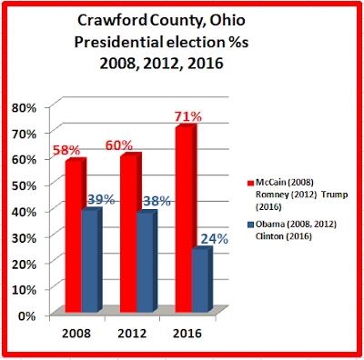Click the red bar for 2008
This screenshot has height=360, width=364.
(76, 235)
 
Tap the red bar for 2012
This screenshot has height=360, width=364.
(131, 232)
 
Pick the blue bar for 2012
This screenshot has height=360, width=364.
(147, 261)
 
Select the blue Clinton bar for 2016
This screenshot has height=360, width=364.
(202, 279)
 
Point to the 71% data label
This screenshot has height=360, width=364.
(188, 116)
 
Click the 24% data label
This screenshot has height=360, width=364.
(215, 239)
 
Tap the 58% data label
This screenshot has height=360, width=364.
(66, 150)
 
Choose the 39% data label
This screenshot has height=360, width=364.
(101, 200)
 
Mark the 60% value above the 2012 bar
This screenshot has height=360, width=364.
(119, 145)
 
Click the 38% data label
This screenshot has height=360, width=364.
(157, 201)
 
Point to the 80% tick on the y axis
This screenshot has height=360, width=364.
(24, 108)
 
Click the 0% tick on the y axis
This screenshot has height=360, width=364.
(27, 315)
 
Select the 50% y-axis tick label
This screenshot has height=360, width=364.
(24, 185)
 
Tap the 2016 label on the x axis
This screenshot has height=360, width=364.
(187, 334)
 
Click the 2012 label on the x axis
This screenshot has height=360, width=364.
(132, 334)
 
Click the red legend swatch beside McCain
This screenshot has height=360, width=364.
(250, 183)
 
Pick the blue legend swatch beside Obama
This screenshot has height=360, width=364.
(250, 225)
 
